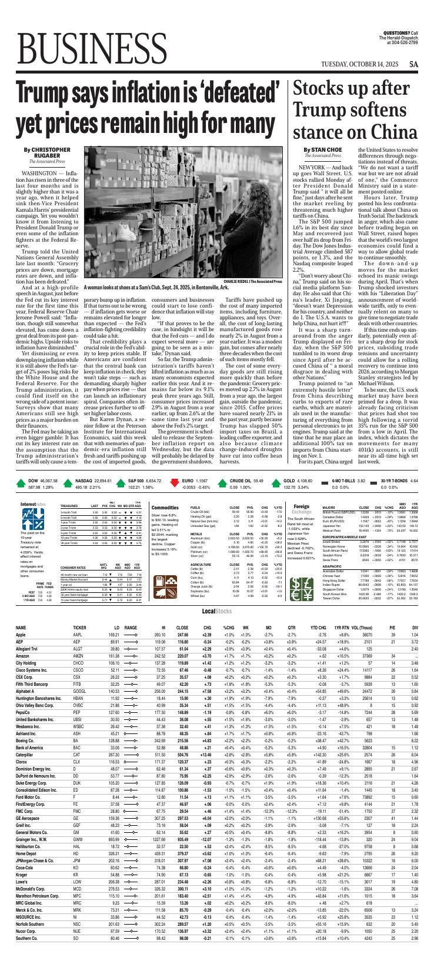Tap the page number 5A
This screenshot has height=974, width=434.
pyautogui.click(x=413, y=64)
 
